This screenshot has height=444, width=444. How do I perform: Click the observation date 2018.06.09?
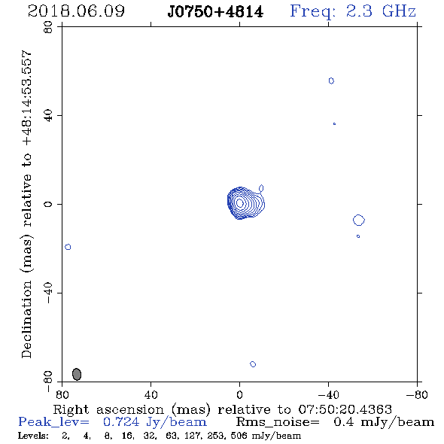coord(76,11)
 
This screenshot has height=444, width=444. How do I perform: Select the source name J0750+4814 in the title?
coord(215,12)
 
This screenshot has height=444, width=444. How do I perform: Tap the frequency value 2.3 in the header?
coord(358,11)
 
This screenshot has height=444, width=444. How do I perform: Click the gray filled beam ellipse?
coord(77,374)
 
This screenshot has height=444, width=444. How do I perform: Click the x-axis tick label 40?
coord(151,394)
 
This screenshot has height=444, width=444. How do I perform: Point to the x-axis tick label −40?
coord(328,394)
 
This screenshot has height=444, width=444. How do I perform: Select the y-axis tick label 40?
coord(48,116)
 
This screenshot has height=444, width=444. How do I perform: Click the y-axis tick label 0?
coord(48,204)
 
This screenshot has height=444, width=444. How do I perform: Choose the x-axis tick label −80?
coord(417,394)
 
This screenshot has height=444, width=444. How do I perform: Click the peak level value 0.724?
coord(121,422)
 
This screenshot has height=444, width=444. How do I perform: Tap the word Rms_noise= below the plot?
coord(278,422)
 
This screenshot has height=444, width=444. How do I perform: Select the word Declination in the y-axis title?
coord(26,319)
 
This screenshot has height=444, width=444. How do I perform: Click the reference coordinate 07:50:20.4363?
coord(345,409)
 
